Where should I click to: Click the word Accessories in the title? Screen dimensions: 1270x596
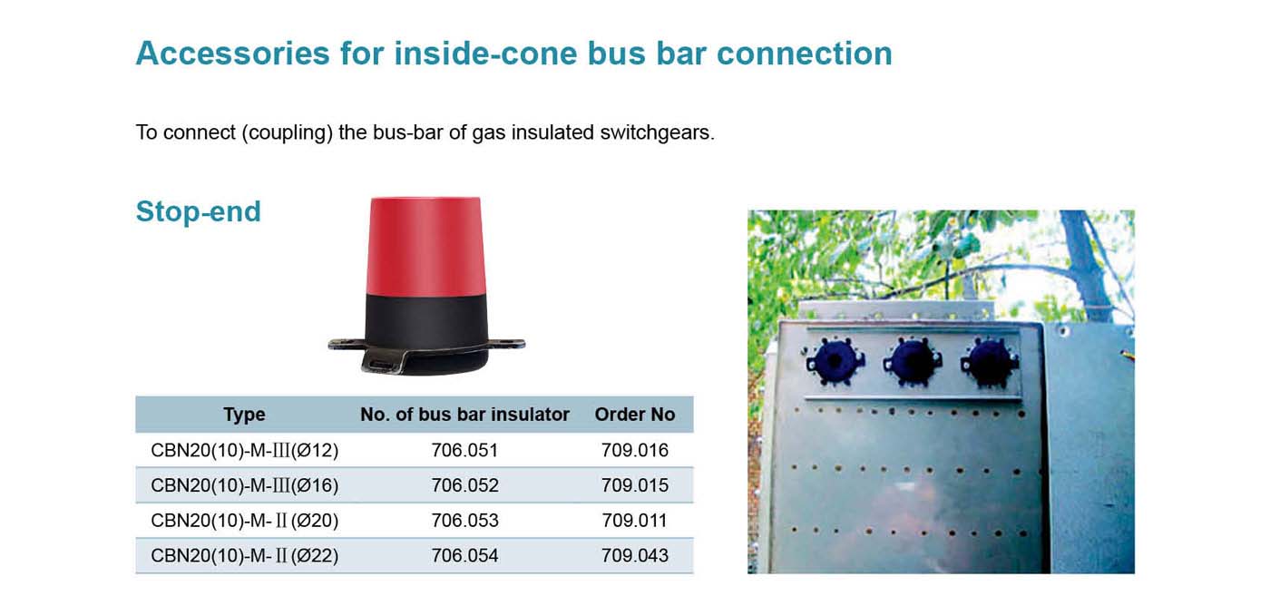(x=232, y=54)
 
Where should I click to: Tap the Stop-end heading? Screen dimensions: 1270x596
(x=199, y=212)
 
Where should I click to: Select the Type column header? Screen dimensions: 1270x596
(x=244, y=415)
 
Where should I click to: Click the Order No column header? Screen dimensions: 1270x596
(x=634, y=415)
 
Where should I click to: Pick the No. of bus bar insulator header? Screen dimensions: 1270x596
(x=464, y=415)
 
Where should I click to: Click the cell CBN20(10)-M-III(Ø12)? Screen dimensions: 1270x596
(x=244, y=450)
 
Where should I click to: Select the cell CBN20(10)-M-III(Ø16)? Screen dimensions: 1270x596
(x=244, y=485)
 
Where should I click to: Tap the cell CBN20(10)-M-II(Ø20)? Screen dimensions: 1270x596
(x=244, y=521)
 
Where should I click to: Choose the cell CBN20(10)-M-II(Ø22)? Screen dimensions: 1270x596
(x=244, y=556)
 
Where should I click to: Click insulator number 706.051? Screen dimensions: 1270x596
(x=464, y=450)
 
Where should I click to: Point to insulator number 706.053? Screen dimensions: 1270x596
(x=464, y=521)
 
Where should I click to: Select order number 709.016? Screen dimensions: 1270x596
(x=634, y=450)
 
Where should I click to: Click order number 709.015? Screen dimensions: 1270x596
(x=634, y=485)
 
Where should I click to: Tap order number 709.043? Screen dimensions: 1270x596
(x=634, y=556)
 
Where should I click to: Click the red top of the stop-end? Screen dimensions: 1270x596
(x=425, y=246)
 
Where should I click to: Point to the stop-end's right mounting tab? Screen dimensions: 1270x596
(x=507, y=343)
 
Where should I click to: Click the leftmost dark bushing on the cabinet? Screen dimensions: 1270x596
(x=834, y=361)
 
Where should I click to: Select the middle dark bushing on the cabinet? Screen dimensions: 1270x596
(x=913, y=361)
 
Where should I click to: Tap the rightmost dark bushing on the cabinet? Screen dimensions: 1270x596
(x=990, y=361)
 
